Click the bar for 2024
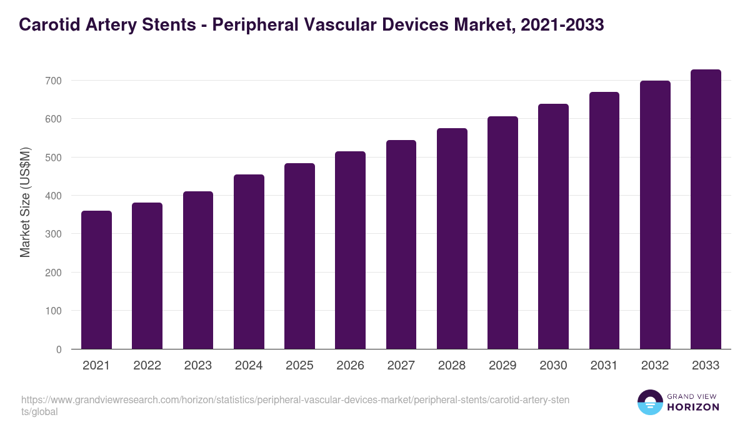pyautogui.click(x=249, y=262)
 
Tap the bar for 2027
pyautogui.click(x=401, y=244)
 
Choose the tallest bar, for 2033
pyautogui.click(x=706, y=209)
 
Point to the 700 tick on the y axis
pyautogui.click(x=53, y=81)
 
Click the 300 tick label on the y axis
pyautogui.click(x=53, y=234)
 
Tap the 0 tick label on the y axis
pyautogui.click(x=59, y=349)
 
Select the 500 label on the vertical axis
pyautogui.click(x=53, y=158)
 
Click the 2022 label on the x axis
pyautogui.click(x=147, y=366)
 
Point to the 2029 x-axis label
pyautogui.click(x=502, y=366)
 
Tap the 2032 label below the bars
pyautogui.click(x=655, y=366)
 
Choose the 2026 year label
pyautogui.click(x=350, y=366)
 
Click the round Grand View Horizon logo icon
pyautogui.click(x=649, y=402)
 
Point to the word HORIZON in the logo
pyautogui.click(x=693, y=407)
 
